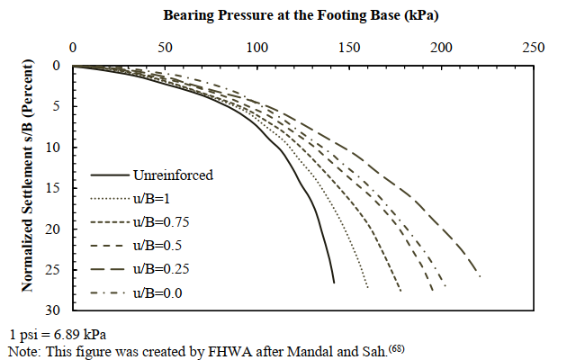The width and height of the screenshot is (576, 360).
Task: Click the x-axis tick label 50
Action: pyautogui.click(x=165, y=48)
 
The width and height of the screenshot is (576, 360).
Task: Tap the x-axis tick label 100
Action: pyautogui.click(x=257, y=48)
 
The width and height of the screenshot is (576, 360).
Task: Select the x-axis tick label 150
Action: pyautogui.click(x=349, y=48)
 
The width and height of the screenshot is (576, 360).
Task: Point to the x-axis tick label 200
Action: pyautogui.click(x=442, y=48)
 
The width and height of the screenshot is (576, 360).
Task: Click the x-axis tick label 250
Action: pyautogui.click(x=534, y=48)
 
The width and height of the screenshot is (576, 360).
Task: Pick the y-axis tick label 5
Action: pyautogui.click(x=57, y=107)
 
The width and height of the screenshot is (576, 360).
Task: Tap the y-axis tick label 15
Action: pyautogui.click(x=54, y=188)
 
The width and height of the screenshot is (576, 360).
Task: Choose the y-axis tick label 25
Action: pyautogui.click(x=54, y=270)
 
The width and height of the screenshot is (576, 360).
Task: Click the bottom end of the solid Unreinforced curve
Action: pyautogui.click(x=334, y=282)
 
